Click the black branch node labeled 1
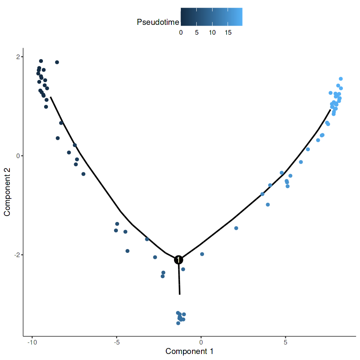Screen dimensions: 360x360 179,260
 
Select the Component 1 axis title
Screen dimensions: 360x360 189,351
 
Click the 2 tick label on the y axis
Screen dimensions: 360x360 18,57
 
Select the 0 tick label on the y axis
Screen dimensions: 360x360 18,156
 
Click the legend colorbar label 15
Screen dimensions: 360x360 228,33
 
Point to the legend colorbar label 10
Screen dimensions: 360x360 212,33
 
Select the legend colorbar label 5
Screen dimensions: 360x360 196,33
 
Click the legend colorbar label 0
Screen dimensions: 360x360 181,33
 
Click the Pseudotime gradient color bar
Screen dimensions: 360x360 211,17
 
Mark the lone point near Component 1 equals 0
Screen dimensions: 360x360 202,254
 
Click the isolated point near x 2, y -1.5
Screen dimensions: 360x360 236,228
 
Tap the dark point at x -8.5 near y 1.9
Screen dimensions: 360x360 57,62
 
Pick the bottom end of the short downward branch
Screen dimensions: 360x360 180,294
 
